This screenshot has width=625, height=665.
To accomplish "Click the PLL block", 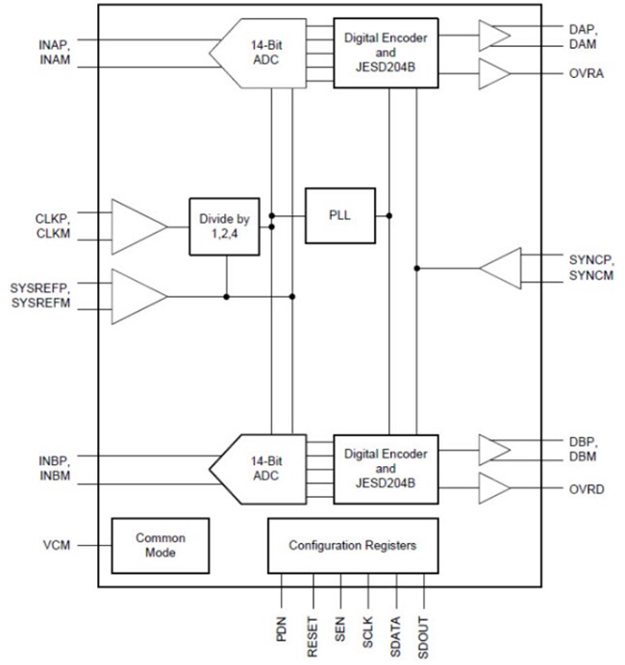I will tap(339, 214).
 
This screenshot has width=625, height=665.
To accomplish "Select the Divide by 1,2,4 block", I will tap(225, 227).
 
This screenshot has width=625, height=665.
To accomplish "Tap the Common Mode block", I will tap(160, 545).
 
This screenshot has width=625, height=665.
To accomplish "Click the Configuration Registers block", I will tap(352, 545).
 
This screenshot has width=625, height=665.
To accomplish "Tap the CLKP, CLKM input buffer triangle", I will tap(138, 227).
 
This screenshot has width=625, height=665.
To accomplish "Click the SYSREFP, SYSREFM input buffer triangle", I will tap(138, 295).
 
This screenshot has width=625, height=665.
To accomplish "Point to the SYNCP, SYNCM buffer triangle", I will tap(503, 268).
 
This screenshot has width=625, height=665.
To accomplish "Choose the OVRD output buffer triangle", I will tap(494, 488).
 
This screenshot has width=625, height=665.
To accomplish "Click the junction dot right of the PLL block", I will tap(388, 214).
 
